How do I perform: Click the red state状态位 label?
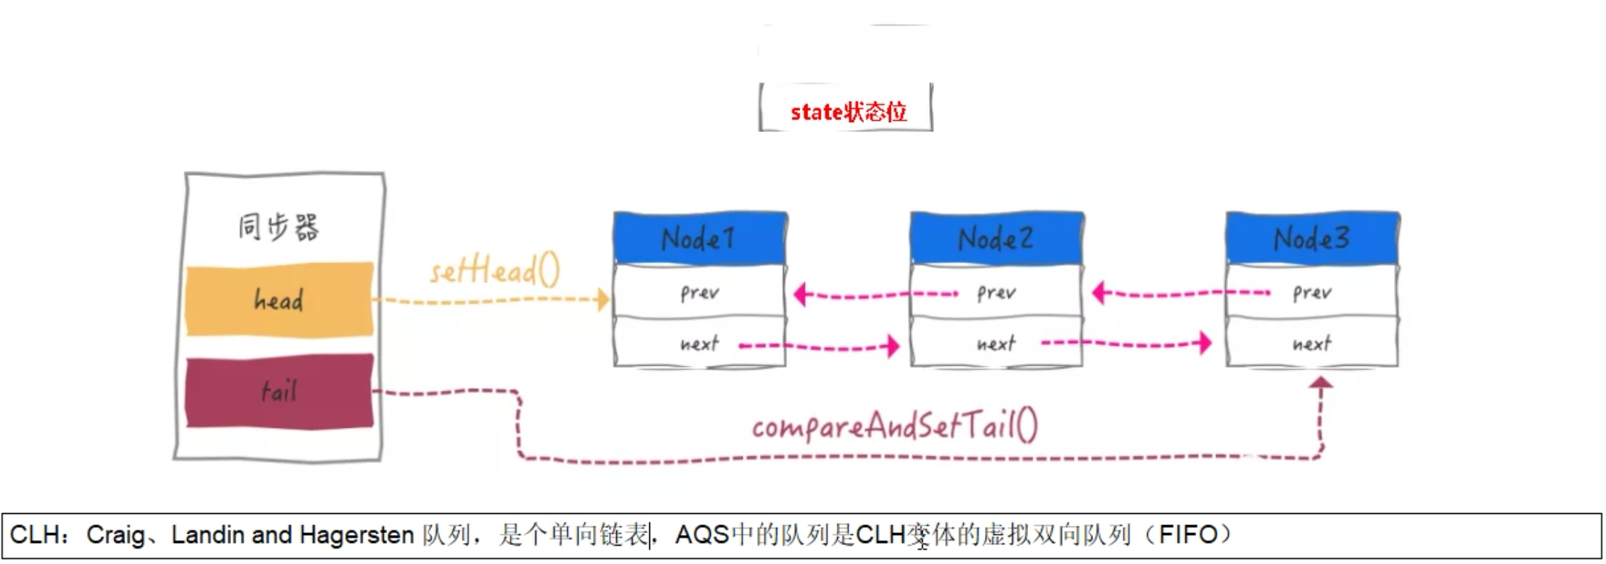click(x=848, y=112)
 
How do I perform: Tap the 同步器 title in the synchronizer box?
click(x=278, y=227)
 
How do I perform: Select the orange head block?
click(x=279, y=300)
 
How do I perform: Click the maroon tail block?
click(x=279, y=391)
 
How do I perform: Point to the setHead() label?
click(x=495, y=271)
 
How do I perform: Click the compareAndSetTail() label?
click(x=894, y=426)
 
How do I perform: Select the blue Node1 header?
click(x=699, y=238)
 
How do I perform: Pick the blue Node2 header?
click(x=996, y=238)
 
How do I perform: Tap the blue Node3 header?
click(x=1312, y=238)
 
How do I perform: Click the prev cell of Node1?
click(x=699, y=292)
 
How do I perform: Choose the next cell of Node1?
click(x=699, y=344)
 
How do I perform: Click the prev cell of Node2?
click(x=996, y=292)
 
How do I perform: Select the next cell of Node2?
click(x=996, y=344)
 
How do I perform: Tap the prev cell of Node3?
click(x=1312, y=292)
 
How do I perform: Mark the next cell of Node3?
click(x=1312, y=344)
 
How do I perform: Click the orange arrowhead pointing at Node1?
click(x=603, y=299)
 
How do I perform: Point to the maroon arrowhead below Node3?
click(x=1321, y=383)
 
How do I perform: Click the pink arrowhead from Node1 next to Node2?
click(x=893, y=346)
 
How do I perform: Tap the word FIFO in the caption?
click(x=1188, y=535)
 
